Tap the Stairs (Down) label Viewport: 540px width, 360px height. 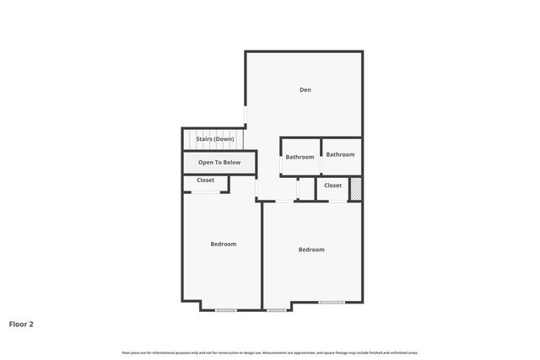pyautogui.click(x=215, y=139)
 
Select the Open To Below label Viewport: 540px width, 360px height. pyautogui.click(x=219, y=162)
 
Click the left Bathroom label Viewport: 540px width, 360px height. pyautogui.click(x=300, y=157)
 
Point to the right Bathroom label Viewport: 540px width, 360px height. pyautogui.click(x=341, y=154)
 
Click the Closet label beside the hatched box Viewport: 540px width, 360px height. pyautogui.click(x=332, y=185)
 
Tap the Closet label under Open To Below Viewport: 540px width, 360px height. pyautogui.click(x=206, y=180)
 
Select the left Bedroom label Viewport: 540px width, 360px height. pyautogui.click(x=224, y=244)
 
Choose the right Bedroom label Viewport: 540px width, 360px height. pyautogui.click(x=311, y=249)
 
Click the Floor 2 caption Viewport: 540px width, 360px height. pyautogui.click(x=21, y=323)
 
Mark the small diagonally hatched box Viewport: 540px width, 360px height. pyautogui.click(x=356, y=188)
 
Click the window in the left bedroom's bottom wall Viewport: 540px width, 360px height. pyautogui.click(x=225, y=310)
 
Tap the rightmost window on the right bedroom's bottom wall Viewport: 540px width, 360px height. pyautogui.click(x=331, y=302)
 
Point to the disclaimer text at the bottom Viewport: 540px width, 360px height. pyautogui.click(x=270, y=352)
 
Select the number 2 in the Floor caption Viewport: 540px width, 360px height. pyautogui.click(x=31, y=323)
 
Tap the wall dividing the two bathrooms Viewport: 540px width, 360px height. pyautogui.click(x=320, y=156)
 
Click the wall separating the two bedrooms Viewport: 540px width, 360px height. pyautogui.click(x=261, y=253)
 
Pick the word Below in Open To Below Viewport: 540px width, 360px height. pyautogui.click(x=231, y=162)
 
